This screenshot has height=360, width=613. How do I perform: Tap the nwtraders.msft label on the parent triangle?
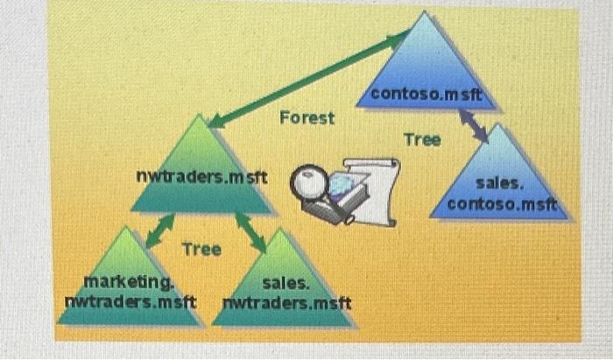[201, 177]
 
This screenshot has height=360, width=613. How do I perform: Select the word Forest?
[306, 117]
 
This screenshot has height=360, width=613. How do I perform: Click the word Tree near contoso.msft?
[422, 139]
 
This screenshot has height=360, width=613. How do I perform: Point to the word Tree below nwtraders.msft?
[201, 250]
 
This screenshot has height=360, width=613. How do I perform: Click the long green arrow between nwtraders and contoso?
[306, 76]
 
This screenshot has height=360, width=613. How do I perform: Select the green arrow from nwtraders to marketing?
[159, 231]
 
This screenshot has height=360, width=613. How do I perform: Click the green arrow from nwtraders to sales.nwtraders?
[250, 232]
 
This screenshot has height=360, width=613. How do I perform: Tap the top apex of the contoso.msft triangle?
[425, 14]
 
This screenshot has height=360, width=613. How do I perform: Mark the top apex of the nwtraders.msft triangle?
[201, 116]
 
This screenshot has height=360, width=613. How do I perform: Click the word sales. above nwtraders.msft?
[285, 284]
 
